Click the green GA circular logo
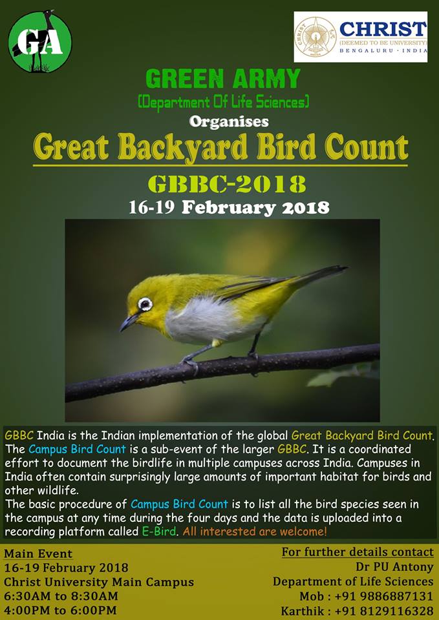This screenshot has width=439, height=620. point(40,41)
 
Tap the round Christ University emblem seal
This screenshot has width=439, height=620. point(316,36)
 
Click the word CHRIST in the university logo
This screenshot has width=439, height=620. point(383,29)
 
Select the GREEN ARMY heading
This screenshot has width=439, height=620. point(223,78)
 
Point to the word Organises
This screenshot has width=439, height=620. point(229,121)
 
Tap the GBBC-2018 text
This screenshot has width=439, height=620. point(227,183)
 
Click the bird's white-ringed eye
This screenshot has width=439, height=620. point(145,304)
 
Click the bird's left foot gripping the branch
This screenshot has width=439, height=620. point(190,362)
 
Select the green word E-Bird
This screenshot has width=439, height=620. point(159,532)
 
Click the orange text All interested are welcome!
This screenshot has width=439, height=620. point(255,532)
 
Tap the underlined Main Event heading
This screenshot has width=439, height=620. point(38,553)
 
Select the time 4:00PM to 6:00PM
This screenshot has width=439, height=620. point(60,610)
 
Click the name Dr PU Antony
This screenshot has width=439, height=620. point(394,567)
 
